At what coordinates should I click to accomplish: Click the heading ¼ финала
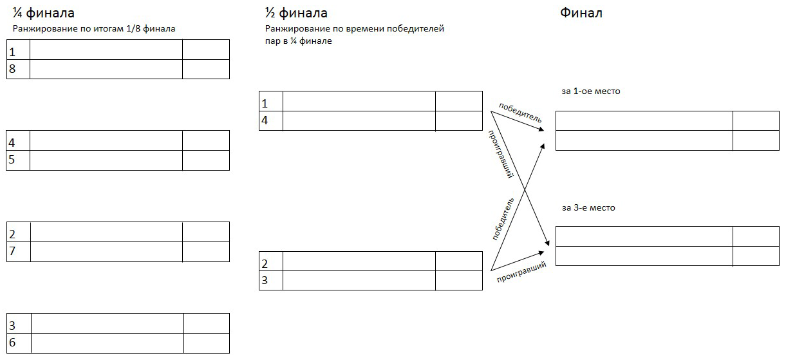(x=44, y=13)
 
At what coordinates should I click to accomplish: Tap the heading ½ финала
(x=296, y=13)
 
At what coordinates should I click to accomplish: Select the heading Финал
(x=581, y=13)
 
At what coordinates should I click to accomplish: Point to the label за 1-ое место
(x=591, y=91)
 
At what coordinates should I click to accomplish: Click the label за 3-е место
(x=588, y=208)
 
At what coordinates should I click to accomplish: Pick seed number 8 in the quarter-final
(x=12, y=69)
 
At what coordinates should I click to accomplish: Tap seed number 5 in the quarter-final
(x=12, y=160)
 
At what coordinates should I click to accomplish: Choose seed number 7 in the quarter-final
(x=12, y=251)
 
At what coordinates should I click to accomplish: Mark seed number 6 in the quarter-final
(x=12, y=343)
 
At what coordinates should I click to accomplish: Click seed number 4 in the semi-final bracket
(x=265, y=120)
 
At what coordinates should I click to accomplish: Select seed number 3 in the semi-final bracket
(x=265, y=280)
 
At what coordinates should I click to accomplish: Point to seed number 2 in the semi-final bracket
(x=265, y=264)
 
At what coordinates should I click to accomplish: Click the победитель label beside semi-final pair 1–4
(x=520, y=113)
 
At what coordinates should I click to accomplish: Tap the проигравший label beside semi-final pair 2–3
(x=522, y=272)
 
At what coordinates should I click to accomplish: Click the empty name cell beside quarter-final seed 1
(x=106, y=50)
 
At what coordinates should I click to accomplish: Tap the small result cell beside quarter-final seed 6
(x=207, y=343)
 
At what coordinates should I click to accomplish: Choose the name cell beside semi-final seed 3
(x=359, y=280)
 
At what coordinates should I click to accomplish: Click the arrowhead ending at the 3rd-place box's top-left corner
(x=547, y=242)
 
